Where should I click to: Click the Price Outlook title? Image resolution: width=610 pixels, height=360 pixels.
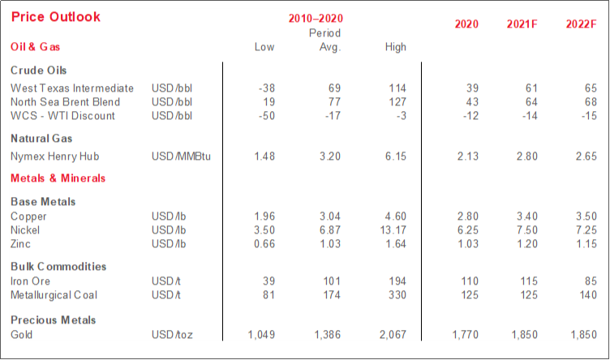click(56, 16)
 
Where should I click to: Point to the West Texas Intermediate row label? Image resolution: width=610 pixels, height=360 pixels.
click(72, 88)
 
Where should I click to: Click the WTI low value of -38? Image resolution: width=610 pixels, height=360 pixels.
click(265, 88)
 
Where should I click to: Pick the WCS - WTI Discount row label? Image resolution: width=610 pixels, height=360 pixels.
click(62, 116)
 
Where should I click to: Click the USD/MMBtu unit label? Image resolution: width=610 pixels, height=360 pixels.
click(180, 156)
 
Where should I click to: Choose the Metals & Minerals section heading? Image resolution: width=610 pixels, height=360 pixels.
click(58, 178)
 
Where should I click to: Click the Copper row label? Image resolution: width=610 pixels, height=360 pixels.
click(28, 216)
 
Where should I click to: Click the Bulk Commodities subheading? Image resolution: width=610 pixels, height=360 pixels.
click(58, 267)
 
